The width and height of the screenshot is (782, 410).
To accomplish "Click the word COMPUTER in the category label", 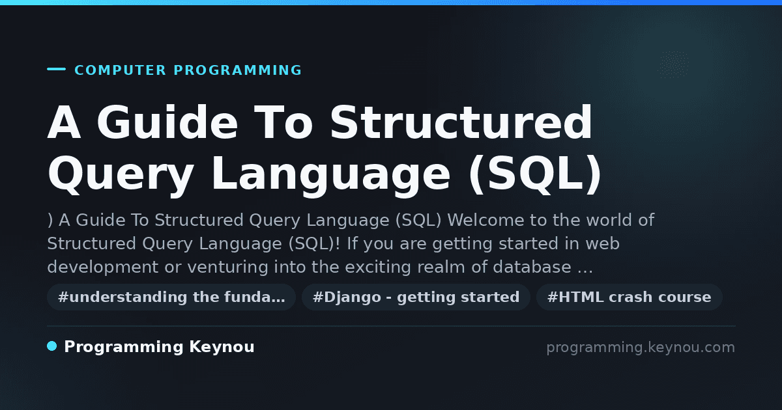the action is click(x=120, y=70).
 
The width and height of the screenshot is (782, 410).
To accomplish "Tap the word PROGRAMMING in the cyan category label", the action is click(x=237, y=70).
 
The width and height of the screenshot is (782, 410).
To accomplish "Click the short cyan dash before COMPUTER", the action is click(x=56, y=69).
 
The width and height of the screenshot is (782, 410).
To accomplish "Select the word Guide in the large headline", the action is click(x=167, y=122).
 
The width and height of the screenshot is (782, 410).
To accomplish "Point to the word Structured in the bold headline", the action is click(x=461, y=122).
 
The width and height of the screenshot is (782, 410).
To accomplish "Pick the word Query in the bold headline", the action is click(x=121, y=174).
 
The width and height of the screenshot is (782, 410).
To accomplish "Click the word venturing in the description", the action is click(x=227, y=267).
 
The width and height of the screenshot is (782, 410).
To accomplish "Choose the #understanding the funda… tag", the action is click(x=171, y=297).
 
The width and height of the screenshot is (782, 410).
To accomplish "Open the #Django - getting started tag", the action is click(x=416, y=297).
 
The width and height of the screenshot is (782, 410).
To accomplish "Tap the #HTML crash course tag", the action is click(x=629, y=297).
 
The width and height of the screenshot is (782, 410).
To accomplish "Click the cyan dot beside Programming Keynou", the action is click(x=52, y=346).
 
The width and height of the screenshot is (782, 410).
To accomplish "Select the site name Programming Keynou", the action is click(x=159, y=347).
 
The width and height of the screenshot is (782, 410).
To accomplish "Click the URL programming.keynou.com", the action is click(x=641, y=348).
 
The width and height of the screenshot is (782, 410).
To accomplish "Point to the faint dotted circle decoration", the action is click(x=674, y=64).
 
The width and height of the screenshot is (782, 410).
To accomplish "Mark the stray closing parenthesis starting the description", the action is click(x=50, y=221).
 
